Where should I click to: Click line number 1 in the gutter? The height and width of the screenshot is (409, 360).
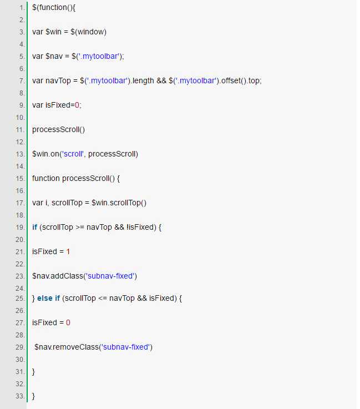pos(22,8)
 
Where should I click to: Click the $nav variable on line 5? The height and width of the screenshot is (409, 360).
pos(54,57)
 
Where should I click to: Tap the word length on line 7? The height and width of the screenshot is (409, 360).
pos(143,81)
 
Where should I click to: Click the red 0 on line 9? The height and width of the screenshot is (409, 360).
pos(77,105)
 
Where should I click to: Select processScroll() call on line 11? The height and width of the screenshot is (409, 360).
pos(58,130)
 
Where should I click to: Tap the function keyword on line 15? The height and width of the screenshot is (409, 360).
pos(46,178)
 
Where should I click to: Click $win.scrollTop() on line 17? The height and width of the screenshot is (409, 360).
pos(119,203)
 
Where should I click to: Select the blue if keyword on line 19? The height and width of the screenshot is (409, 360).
pos(35,227)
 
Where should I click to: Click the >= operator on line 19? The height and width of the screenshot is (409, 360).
pos(80,228)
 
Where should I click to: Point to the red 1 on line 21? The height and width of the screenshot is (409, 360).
pos(68,252)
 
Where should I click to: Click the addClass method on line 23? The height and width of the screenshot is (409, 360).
pos(67,276)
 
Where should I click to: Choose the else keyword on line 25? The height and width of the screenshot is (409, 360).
pos(45,298)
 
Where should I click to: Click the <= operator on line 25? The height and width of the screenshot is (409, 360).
pos(103,299)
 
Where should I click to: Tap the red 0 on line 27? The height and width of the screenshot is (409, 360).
pos(68,322)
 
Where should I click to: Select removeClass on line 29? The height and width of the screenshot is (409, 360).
pos(75,347)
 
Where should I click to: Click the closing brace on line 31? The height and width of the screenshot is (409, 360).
pos(33,372)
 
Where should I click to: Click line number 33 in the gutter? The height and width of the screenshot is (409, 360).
pos(20,396)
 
